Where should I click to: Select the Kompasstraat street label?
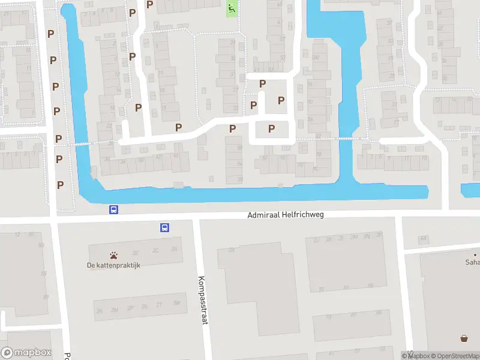coord(202,300)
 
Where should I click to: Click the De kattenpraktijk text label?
coord(113,266)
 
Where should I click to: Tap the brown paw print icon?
coord(113,255)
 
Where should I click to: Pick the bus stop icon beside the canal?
coord(113,209)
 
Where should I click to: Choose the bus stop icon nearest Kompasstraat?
coord(164,227)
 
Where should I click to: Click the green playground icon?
coord(232,9)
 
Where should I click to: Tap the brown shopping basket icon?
coord(464,338)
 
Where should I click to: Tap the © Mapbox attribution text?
coord(414,356)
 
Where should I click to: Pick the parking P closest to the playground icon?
coord(150,5)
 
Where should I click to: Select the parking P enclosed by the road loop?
coord(271,128)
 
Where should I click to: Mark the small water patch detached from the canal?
coord(470,191)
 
